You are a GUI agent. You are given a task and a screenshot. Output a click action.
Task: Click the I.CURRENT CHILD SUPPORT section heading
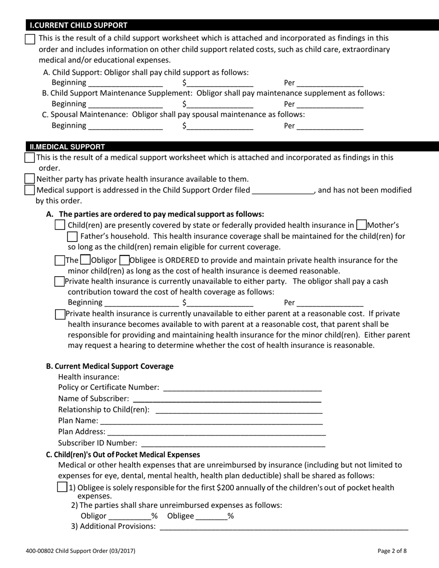[x=79, y=25]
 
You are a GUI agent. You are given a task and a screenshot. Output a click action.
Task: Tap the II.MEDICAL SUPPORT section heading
[x=67, y=147]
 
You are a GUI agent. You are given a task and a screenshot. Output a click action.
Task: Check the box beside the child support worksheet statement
[x=30, y=39]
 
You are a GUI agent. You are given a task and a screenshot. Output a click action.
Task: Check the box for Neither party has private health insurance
[x=30, y=179]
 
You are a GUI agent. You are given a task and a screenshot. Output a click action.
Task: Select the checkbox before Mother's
[x=362, y=225]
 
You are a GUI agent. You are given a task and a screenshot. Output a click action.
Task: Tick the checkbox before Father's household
[x=73, y=236]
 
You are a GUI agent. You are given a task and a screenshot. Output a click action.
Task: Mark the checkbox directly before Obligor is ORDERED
[x=85, y=260]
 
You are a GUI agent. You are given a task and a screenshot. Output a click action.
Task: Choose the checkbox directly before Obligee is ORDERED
[x=124, y=260]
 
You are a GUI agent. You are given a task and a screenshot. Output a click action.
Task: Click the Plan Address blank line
[x=216, y=431]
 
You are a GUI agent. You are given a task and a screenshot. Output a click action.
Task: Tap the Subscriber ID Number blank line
[x=232, y=442]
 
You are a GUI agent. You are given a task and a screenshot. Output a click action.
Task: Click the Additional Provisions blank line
[x=283, y=526]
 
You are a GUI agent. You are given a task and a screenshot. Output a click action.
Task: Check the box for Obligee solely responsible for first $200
[x=62, y=487]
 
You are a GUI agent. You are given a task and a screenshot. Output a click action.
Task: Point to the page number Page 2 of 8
[x=392, y=550]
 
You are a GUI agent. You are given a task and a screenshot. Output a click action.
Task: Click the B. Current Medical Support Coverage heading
[x=110, y=366]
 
